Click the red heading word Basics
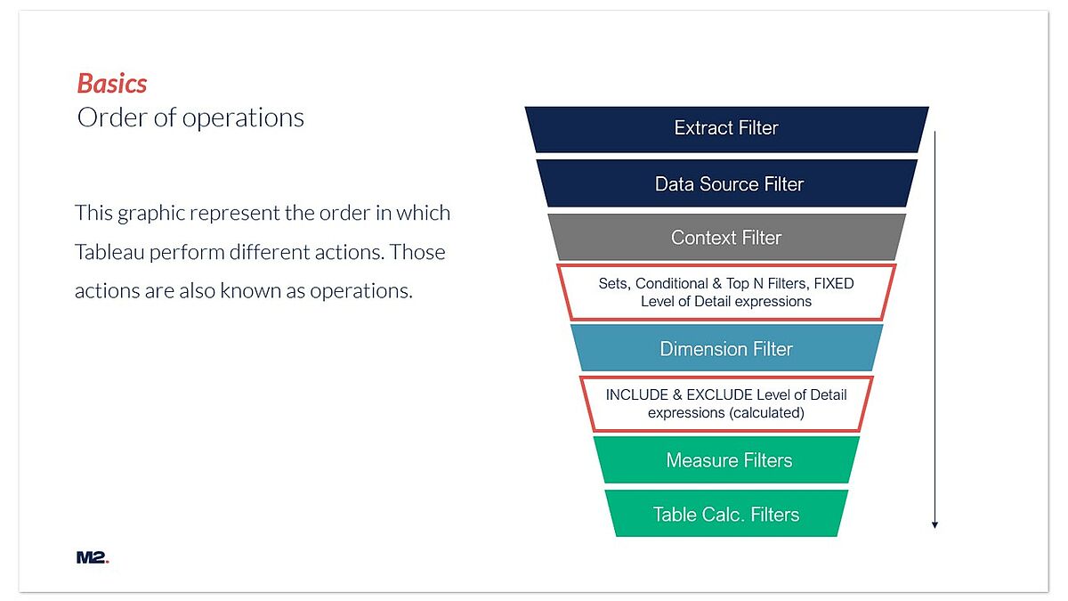tap(112, 84)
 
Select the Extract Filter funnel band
tap(726, 129)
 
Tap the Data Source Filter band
tap(726, 183)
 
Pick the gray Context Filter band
tap(726, 237)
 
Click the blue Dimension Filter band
tap(726, 348)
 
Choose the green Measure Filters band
tap(726, 459)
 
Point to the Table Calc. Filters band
tap(726, 514)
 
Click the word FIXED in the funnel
tap(834, 284)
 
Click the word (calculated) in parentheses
tap(765, 413)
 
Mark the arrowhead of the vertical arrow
tap(935, 525)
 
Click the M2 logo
tap(93, 557)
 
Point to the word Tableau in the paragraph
tap(109, 252)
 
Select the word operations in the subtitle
tap(243, 118)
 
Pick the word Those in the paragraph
tap(417, 252)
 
